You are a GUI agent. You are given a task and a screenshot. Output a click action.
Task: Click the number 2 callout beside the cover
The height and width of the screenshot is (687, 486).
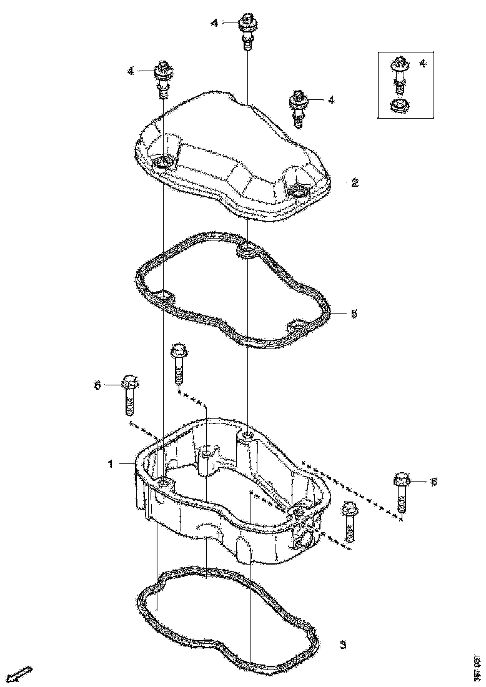(354, 182)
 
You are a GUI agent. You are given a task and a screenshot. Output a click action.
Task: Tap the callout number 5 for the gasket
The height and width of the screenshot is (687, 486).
(354, 314)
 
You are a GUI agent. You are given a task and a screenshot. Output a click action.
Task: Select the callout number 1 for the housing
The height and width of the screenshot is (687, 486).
(111, 464)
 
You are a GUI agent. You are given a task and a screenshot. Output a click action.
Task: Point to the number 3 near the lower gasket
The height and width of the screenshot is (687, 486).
(343, 645)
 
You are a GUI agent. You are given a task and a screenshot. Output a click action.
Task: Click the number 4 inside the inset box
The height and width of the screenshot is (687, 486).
(423, 63)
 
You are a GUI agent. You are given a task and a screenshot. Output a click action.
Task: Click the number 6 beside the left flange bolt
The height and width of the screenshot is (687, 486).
(97, 385)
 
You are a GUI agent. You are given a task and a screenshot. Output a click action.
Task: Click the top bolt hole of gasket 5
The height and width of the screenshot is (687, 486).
(247, 252)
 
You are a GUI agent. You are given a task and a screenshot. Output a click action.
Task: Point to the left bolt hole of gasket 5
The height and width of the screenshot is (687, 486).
(164, 295)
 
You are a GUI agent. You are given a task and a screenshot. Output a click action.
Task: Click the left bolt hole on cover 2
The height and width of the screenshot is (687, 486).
(162, 163)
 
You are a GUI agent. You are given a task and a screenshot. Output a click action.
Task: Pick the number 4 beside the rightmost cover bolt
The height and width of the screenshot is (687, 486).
(332, 99)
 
